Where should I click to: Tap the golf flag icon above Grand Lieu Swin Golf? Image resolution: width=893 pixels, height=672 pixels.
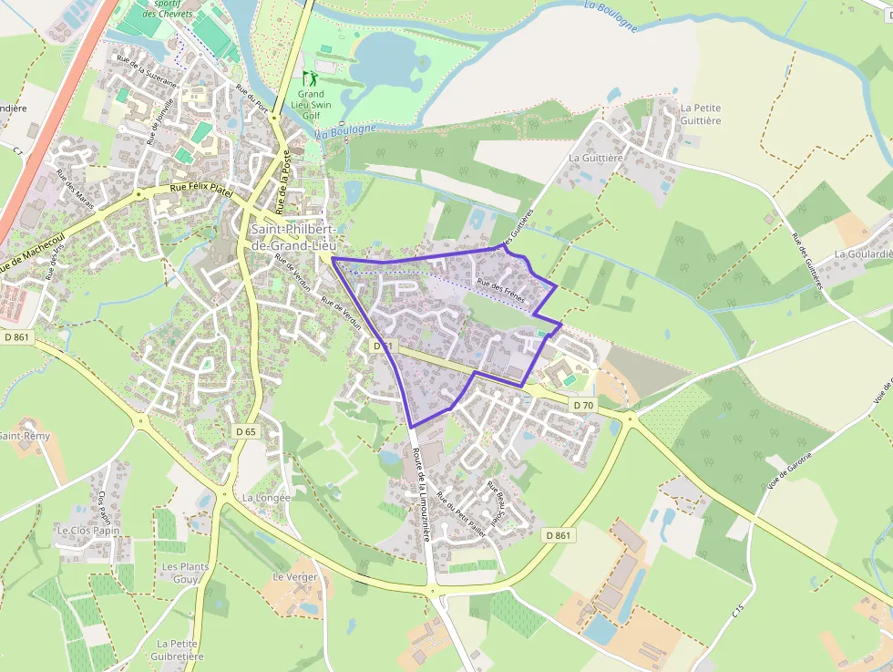pyautogui.click(x=308, y=78)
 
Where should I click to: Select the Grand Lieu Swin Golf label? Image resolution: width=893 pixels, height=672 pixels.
pyautogui.click(x=311, y=105)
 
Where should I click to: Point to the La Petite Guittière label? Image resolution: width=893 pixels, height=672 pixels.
pyautogui.click(x=700, y=114)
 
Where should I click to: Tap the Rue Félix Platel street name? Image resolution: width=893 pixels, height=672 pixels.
pyautogui.click(x=202, y=191)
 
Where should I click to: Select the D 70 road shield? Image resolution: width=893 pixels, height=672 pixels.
pyautogui.click(x=583, y=404)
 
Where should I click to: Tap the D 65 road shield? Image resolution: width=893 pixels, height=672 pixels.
pyautogui.click(x=245, y=431)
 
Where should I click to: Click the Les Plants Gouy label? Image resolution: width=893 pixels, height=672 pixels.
pyautogui.click(x=185, y=573)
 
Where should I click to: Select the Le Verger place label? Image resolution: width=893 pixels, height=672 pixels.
pyautogui.click(x=295, y=577)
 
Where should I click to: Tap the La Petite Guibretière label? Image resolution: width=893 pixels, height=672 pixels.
pyautogui.click(x=179, y=649)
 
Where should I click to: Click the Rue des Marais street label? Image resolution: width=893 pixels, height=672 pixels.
pyautogui.click(x=75, y=187)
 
